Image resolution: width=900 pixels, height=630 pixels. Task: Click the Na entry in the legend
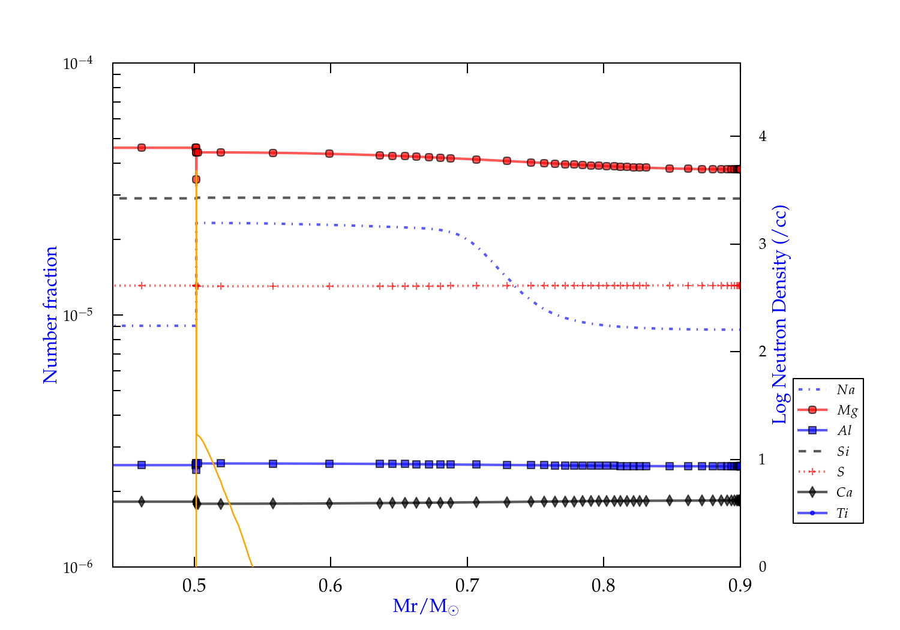coord(845,390)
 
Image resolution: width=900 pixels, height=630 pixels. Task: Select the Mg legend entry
coord(847,410)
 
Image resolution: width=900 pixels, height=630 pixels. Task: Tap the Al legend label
coord(844,431)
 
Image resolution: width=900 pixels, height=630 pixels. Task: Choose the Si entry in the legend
coord(843,451)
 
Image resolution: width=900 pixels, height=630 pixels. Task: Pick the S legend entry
coord(841,472)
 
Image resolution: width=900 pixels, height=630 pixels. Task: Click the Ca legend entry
coord(844,493)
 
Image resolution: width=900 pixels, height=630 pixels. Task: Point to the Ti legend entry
coord(842,513)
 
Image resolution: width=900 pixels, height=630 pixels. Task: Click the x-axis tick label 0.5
coord(194,586)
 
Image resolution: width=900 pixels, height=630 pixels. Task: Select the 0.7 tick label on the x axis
coord(467,586)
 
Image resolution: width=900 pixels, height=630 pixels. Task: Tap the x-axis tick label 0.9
coord(740,586)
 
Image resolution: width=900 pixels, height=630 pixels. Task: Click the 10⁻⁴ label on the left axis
coord(78,63)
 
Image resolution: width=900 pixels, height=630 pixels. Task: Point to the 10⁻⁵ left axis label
coord(78,315)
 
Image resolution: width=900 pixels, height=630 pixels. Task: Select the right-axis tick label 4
coord(763,136)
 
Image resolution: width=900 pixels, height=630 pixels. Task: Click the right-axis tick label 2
coord(763,351)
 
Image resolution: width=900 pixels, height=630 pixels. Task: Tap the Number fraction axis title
coord(50,315)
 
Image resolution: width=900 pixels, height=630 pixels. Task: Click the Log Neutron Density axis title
coord(779,315)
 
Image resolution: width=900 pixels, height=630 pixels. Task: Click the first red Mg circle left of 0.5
coord(142,148)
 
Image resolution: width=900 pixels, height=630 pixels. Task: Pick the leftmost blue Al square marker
coord(142,465)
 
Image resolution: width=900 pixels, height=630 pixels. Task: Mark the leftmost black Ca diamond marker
coord(142,502)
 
